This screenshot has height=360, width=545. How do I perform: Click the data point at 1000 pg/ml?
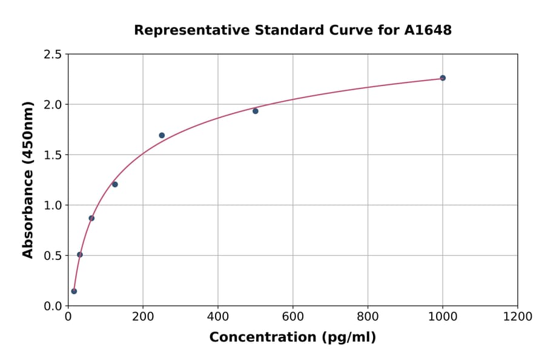(443, 78)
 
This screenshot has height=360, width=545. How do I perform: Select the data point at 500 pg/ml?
(256, 111)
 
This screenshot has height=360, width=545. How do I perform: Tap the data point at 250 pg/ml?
(162, 135)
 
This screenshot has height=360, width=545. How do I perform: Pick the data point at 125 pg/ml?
(115, 184)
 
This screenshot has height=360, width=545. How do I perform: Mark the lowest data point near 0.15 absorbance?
(74, 291)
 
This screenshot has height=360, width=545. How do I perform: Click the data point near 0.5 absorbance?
(80, 255)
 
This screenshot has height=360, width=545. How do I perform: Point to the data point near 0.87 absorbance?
(91, 218)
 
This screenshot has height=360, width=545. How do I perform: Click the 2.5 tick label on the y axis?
(53, 55)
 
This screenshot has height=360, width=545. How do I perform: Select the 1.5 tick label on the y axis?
(53, 155)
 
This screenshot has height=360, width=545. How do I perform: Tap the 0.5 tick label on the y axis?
(53, 256)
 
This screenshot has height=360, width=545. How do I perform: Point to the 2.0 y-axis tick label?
(53, 105)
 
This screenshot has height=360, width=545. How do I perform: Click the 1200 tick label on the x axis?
(517, 316)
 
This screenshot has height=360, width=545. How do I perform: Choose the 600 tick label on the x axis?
(292, 316)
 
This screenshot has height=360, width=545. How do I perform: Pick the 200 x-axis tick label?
(143, 316)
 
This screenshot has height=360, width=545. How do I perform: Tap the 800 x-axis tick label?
(368, 316)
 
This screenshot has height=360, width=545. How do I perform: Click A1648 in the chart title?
(428, 30)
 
